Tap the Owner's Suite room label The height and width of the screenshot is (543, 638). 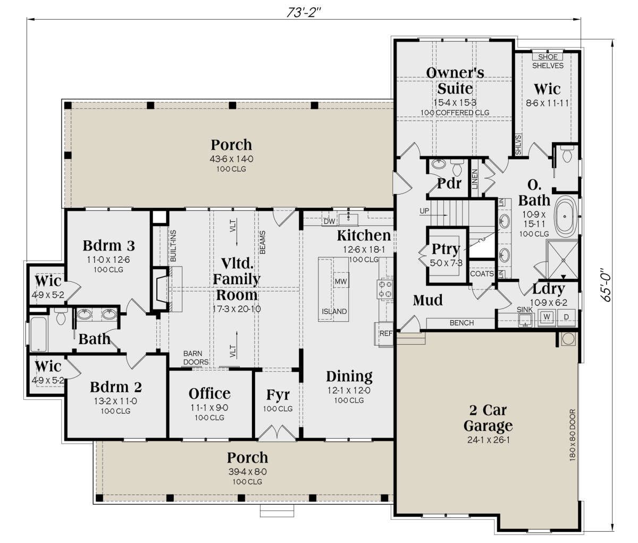[x=455, y=80]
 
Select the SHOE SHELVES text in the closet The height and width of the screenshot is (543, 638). [x=548, y=61]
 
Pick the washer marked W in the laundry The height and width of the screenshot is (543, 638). [x=547, y=317]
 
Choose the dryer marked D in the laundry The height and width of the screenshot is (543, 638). [x=566, y=317]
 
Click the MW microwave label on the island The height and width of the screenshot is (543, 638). [x=341, y=281]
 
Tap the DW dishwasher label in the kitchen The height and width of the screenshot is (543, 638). [x=329, y=221]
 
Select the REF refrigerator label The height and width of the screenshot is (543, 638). [x=386, y=333]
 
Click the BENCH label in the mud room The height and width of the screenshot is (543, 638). [x=462, y=323]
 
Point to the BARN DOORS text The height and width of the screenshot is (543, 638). [x=196, y=357]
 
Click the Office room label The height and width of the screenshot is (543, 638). [x=209, y=394]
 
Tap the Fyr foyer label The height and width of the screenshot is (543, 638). [x=278, y=395]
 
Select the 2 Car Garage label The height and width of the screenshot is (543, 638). [x=488, y=418]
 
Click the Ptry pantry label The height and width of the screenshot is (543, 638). [x=446, y=249]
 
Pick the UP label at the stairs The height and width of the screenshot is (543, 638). [x=424, y=211]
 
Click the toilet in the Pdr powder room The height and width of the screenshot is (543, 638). [x=457, y=168]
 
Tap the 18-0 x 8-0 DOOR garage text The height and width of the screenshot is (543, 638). [x=573, y=435]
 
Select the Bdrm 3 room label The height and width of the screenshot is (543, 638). [x=109, y=246]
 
